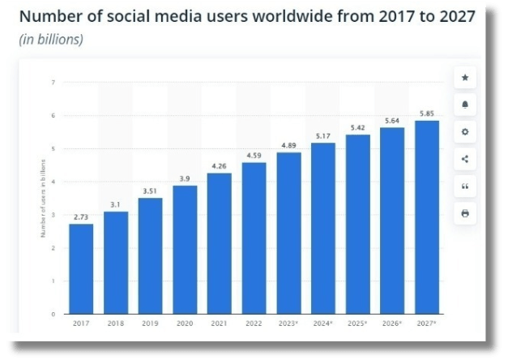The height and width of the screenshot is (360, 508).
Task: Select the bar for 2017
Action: coord(81,268)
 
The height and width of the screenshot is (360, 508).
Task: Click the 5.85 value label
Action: coord(427,113)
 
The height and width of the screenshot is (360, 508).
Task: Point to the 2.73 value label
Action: coord(81,216)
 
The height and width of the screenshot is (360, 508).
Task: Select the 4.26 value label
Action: coord(219,165)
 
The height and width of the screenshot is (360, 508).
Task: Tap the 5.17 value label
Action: coord(323,135)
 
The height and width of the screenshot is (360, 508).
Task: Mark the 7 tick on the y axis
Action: coord(53,82)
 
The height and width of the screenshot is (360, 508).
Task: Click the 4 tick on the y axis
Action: coord(53,182)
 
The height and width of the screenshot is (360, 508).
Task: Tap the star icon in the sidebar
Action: coord(465,78)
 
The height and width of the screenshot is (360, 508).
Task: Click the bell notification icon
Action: coord(465,105)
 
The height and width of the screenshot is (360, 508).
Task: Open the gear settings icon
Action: coord(465,131)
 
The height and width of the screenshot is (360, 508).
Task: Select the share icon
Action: coord(465,158)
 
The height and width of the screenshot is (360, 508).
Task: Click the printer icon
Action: coord(465,213)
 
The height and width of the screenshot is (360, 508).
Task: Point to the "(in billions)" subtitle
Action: coord(51,39)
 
